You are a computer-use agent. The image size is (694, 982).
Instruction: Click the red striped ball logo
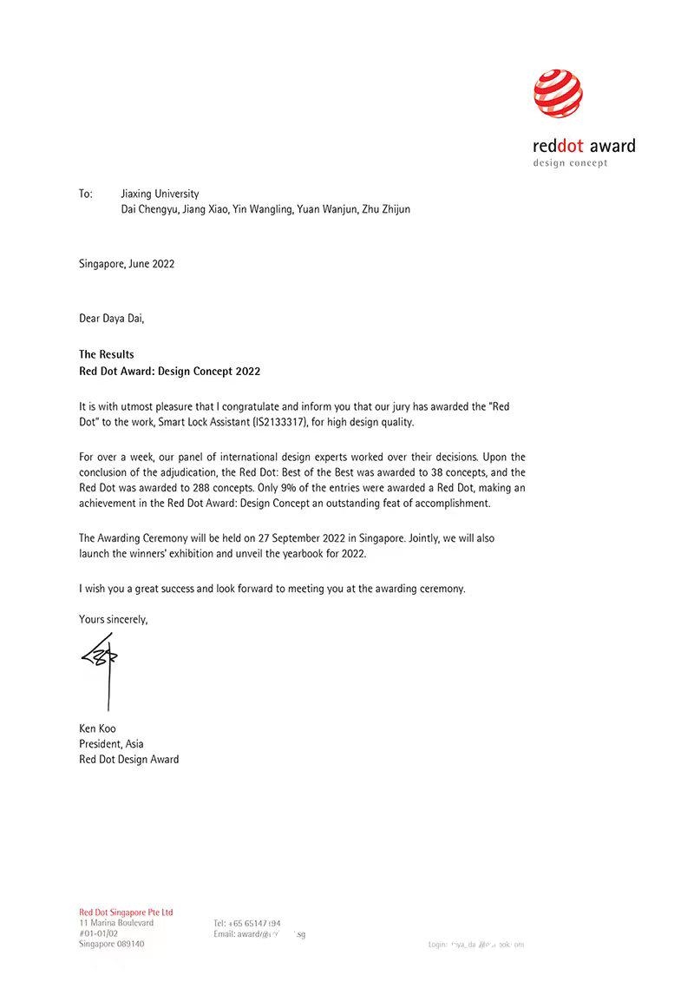(558, 95)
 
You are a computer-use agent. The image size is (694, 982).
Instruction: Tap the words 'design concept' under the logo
(570, 163)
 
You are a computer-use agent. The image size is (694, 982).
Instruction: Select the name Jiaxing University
(160, 194)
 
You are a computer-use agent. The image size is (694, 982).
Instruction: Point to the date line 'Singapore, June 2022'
(127, 263)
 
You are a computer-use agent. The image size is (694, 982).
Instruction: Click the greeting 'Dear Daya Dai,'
(112, 318)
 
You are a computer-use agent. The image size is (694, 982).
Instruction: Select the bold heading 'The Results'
(107, 354)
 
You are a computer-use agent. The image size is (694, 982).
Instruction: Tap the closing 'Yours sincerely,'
(114, 619)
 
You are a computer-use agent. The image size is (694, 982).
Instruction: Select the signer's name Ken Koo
(96, 728)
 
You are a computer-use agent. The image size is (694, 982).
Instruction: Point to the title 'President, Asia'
(111, 744)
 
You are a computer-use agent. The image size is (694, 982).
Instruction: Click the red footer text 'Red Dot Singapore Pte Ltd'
(126, 912)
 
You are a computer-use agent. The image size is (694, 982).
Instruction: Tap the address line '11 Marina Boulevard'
(116, 922)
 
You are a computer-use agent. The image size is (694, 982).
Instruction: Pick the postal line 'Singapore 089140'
(112, 943)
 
